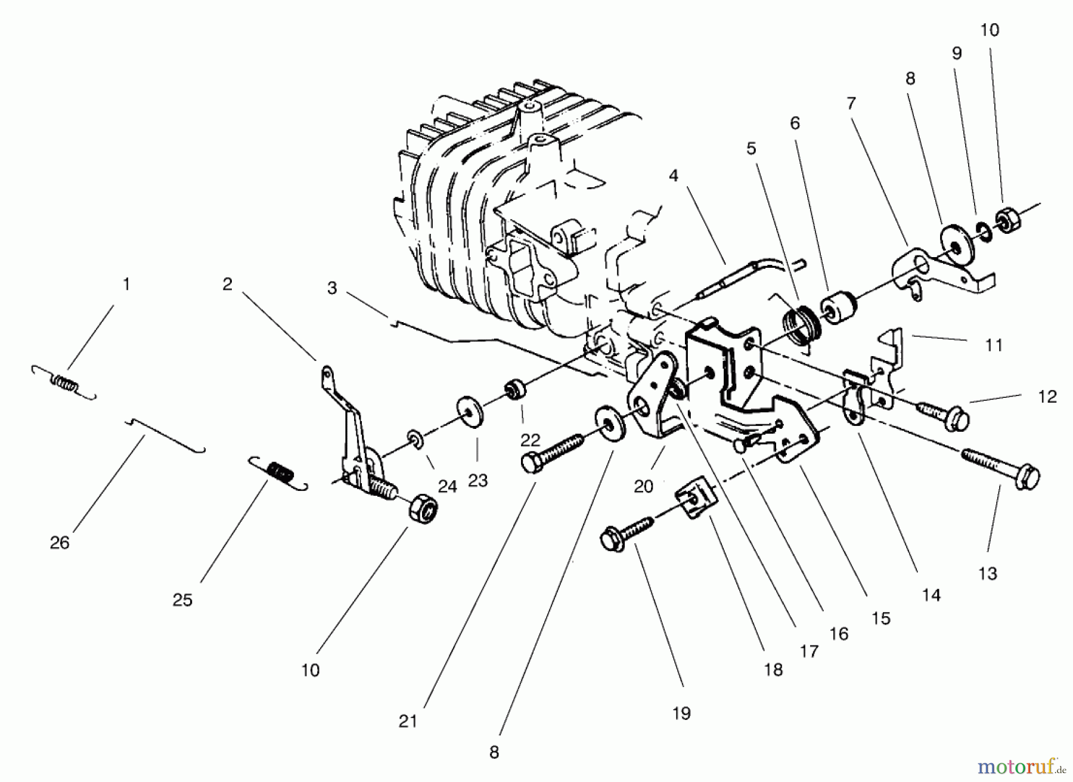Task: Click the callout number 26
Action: point(60,542)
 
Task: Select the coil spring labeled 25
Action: point(278,472)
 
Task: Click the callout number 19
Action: point(681,713)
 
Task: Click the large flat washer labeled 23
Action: point(471,412)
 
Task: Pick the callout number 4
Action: point(674,176)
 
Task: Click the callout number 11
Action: point(993,345)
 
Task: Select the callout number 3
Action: point(332,288)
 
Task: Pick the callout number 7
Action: point(851,103)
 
